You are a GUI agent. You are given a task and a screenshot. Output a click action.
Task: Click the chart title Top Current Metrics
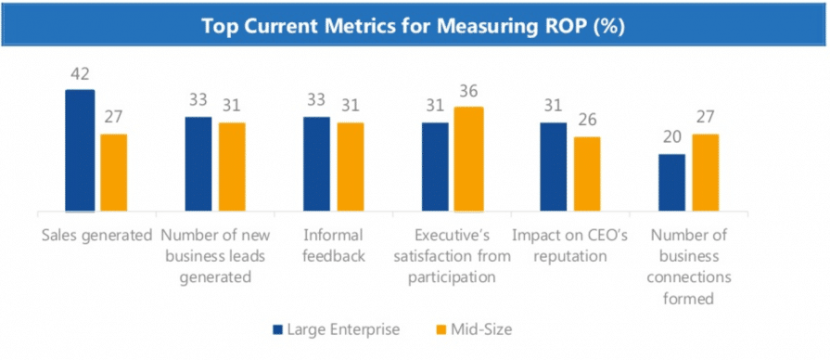[x=414, y=25]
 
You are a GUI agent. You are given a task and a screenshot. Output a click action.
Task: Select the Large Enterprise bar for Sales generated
[x=80, y=150]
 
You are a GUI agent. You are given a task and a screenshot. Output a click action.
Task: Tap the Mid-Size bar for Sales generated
[x=113, y=173]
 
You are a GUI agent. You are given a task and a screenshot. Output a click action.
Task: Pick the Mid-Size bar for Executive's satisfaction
[x=469, y=159]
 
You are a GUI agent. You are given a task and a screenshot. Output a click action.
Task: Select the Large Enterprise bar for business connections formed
[x=671, y=182]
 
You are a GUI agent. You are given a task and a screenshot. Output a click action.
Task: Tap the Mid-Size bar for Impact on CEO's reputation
[x=587, y=174]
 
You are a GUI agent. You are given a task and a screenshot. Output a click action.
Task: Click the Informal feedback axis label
[x=333, y=245]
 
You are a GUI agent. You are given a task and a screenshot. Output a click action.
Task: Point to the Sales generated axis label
[x=97, y=235]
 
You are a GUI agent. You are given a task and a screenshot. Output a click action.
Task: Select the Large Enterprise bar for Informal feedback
[x=316, y=163]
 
